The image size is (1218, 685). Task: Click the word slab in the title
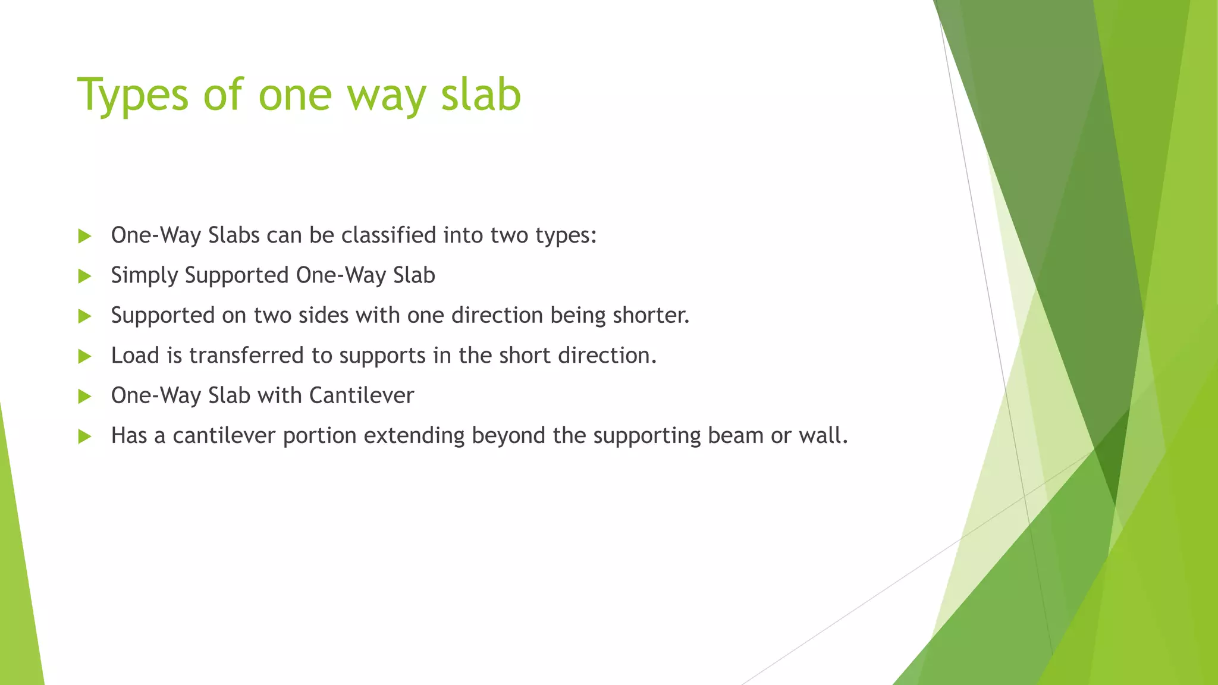(x=481, y=95)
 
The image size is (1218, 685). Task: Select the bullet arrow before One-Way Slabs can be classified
(x=84, y=236)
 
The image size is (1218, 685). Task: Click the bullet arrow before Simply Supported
(x=84, y=276)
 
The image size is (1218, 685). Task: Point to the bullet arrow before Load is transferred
(x=84, y=356)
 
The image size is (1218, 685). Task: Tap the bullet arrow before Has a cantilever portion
(x=84, y=436)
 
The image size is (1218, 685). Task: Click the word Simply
(x=145, y=276)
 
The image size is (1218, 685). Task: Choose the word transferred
(x=246, y=356)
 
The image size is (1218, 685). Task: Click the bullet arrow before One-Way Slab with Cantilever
(x=84, y=396)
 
